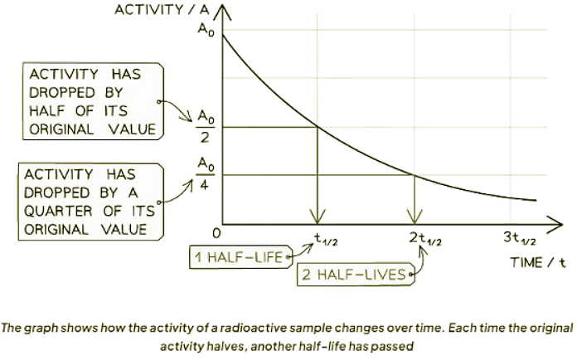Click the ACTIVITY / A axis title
(x=159, y=10)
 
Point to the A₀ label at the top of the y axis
(x=204, y=30)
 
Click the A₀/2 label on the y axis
(x=204, y=127)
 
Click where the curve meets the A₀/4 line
(x=413, y=175)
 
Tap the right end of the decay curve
(x=535, y=200)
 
